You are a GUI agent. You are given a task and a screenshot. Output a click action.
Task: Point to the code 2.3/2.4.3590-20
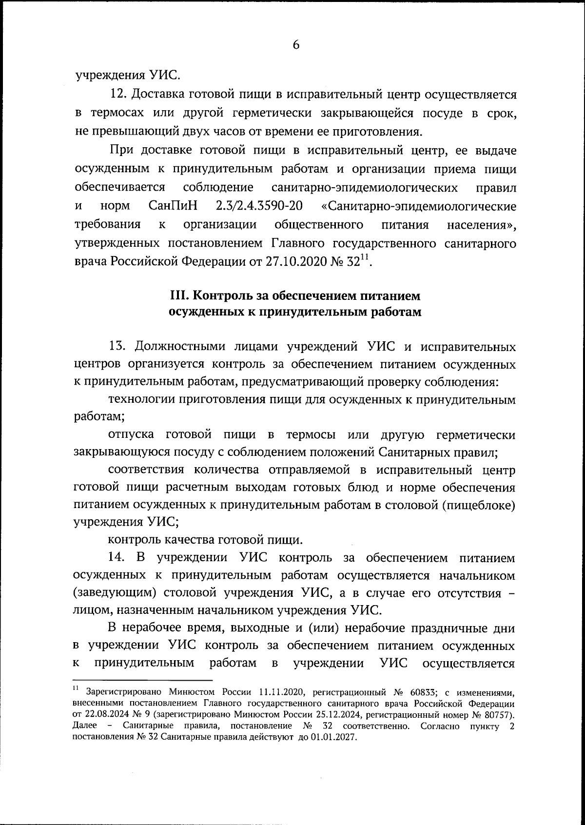258,206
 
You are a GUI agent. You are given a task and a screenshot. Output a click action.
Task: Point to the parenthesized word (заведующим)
115,593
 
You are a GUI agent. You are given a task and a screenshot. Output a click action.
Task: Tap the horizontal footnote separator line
142,680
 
